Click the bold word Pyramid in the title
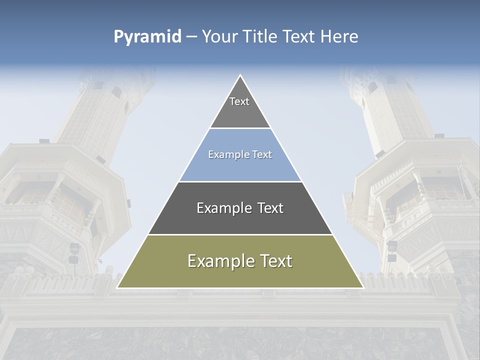coord(147,37)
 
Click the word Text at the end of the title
coord(299,36)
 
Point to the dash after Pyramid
coord(191,37)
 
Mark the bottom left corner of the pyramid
coord(117,287)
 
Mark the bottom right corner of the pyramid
coord(363,287)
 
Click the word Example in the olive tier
coord(219,261)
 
